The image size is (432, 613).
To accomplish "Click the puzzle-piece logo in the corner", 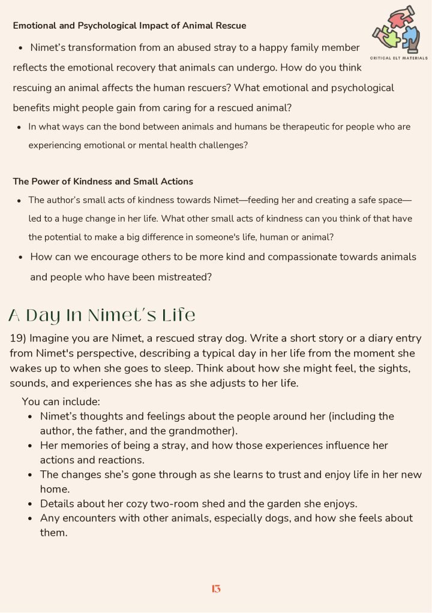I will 400,29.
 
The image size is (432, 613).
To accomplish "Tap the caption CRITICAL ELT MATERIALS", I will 400,58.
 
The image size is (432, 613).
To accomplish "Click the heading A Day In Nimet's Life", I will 102,315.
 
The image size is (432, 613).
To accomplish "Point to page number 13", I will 216,589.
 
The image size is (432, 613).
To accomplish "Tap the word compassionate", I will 305,257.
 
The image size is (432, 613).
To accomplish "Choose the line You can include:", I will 61,401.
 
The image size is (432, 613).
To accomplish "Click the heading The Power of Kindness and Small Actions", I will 103,181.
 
